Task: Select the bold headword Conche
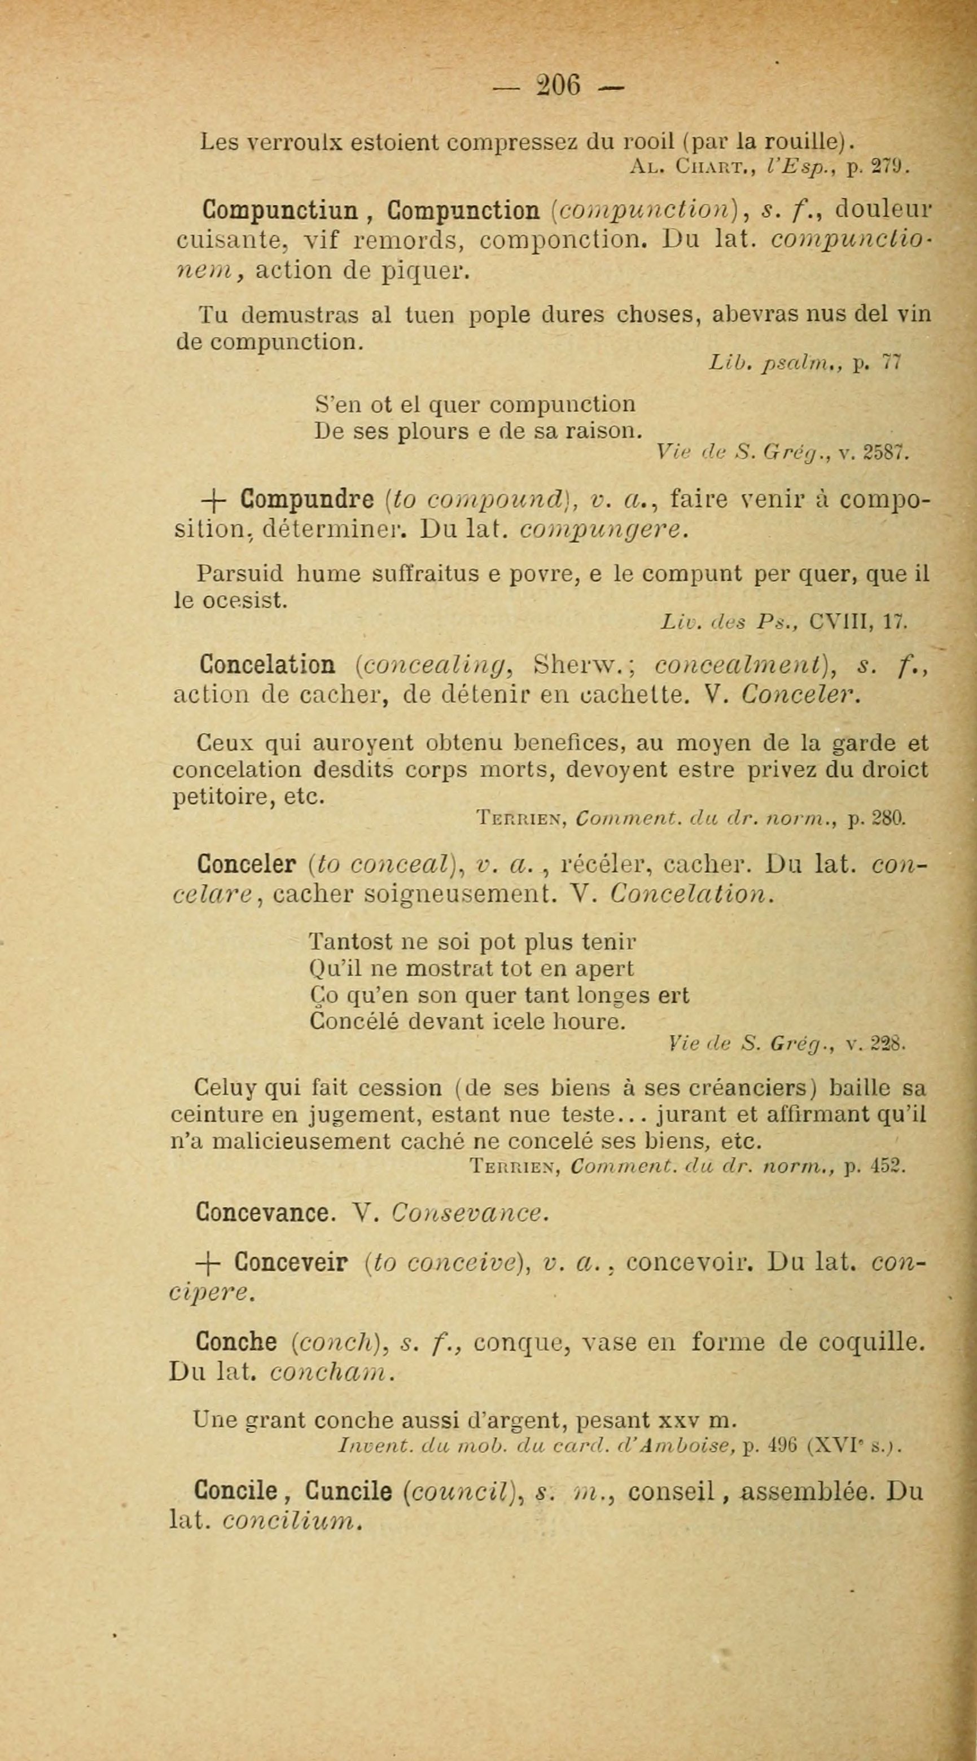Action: [236, 1343]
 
